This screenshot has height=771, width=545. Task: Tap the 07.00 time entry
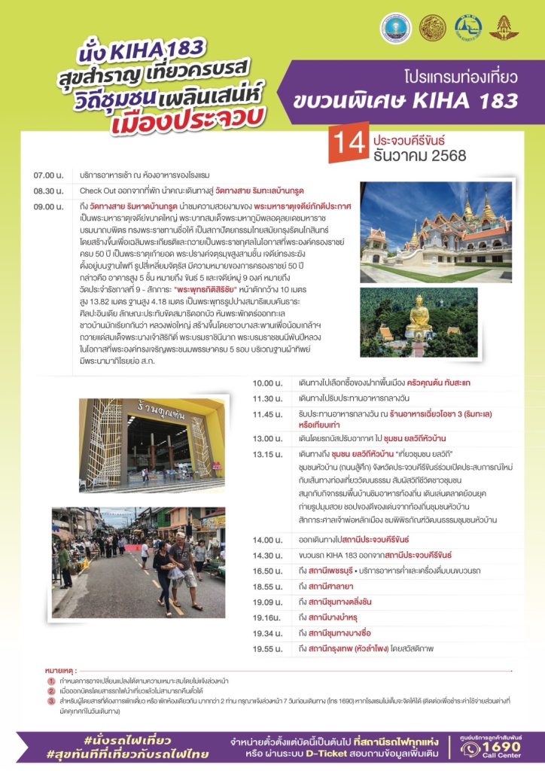[x=49, y=175]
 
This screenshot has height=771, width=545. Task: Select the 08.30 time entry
[x=49, y=190]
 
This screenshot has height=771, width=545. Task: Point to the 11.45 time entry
[x=268, y=413]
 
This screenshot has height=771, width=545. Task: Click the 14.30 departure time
[x=268, y=555]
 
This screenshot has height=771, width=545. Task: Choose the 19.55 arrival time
[x=268, y=648]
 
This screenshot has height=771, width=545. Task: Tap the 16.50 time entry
[x=268, y=571]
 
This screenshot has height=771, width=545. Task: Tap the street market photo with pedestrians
[x=138, y=562]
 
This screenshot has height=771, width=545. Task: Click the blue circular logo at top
[x=397, y=29]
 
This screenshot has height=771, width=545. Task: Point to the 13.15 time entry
[x=268, y=454]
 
